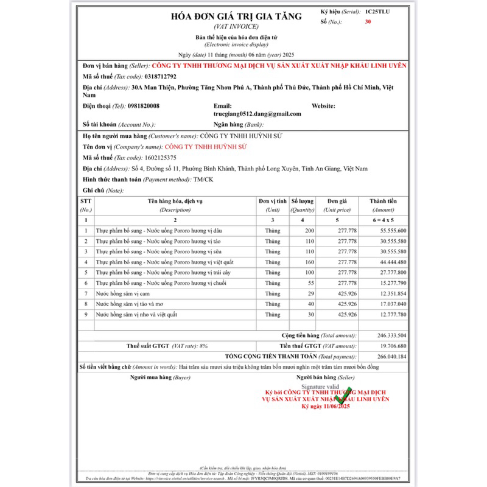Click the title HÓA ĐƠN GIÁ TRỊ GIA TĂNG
coord(236,16)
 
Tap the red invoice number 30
coord(368,22)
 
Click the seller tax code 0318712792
coord(161,77)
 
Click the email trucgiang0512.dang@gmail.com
coord(257,114)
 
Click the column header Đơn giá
coord(337,201)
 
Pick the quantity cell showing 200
coord(309,231)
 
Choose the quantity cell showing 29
coord(311,293)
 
